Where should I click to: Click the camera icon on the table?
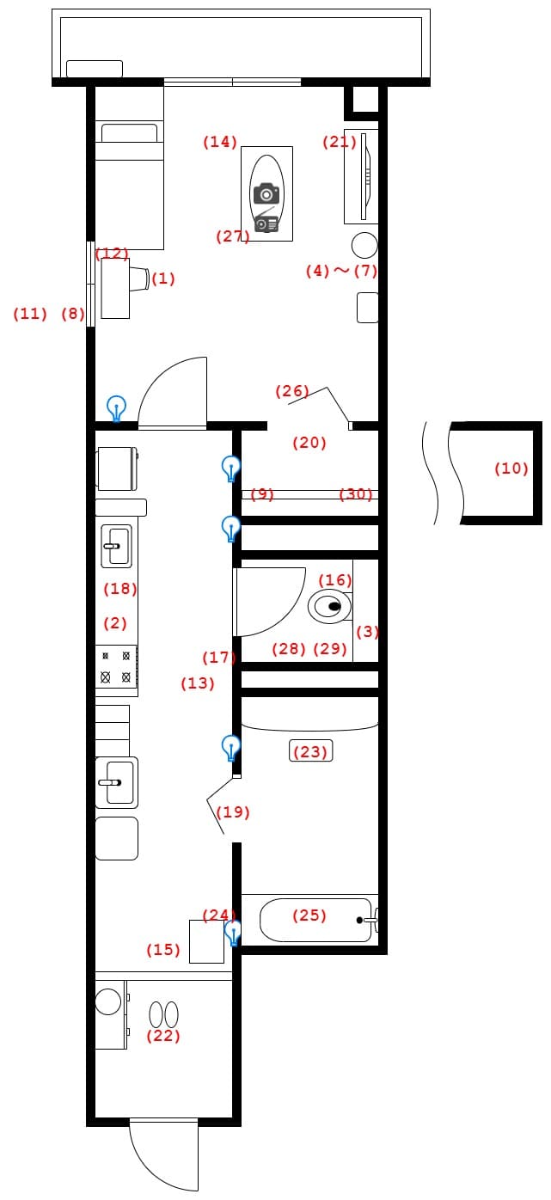coord(266,193)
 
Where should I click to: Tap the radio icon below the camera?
coord(266,222)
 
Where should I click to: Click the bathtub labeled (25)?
coord(316,920)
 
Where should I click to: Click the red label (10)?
coord(511,468)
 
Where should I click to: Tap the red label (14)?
coord(219,142)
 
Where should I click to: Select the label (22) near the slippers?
coord(162,1036)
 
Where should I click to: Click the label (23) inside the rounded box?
coord(310,751)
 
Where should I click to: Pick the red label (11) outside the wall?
coord(30,314)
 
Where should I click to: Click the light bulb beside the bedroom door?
coord(116,409)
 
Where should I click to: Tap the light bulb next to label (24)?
coord(232,933)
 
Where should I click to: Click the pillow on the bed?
coord(129,133)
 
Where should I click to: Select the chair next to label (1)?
coord(139,279)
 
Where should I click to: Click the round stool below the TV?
coord(364,245)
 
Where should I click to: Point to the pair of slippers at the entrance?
coord(164,1014)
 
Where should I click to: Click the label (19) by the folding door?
coord(233,812)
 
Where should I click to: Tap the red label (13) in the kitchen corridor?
coord(198,683)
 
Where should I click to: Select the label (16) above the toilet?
coord(335,579)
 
